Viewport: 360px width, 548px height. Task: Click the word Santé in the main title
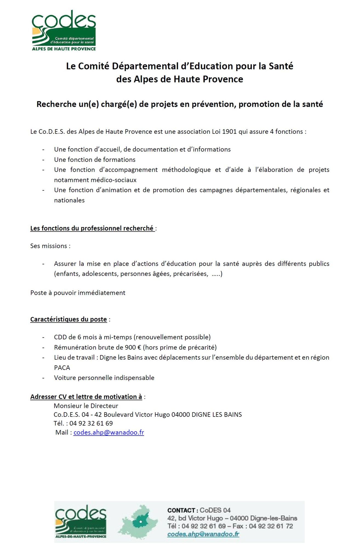coord(281,66)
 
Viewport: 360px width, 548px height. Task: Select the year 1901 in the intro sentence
coord(229,132)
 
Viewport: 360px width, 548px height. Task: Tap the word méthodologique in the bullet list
coord(186,170)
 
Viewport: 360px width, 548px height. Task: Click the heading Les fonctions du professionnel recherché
coord(92,228)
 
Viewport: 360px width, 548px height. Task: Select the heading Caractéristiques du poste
coord(68,319)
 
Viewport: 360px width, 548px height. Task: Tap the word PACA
coord(62,367)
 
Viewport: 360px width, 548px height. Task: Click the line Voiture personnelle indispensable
coord(104,378)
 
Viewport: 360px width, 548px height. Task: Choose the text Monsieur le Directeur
coord(86,406)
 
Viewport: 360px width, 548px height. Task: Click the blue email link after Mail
coord(109,432)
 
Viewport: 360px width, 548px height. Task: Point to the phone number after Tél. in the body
coord(91,423)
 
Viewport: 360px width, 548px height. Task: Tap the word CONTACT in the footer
coord(181,510)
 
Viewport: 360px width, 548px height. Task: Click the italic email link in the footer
coord(203,534)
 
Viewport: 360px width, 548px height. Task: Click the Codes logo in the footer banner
coord(81,521)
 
